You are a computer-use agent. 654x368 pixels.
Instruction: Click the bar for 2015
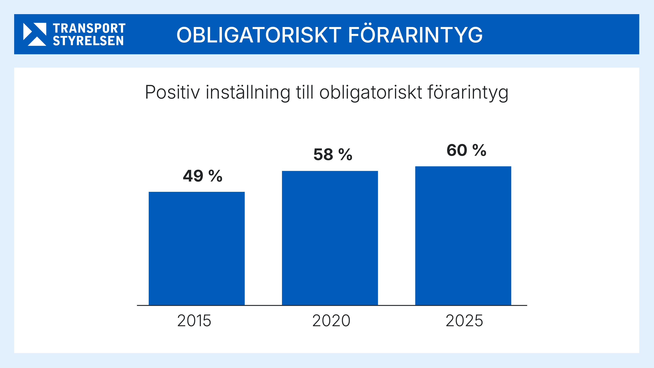tap(196, 248)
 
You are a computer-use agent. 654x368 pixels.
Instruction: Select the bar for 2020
tap(330, 238)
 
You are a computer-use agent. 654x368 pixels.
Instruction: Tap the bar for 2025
tap(463, 236)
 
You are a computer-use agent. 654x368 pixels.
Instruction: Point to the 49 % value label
tap(203, 176)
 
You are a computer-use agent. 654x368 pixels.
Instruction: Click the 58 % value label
tap(333, 154)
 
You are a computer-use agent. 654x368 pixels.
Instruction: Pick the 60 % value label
tap(466, 150)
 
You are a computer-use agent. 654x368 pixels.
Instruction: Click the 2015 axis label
tap(194, 321)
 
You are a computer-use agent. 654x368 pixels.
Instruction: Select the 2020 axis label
tap(331, 321)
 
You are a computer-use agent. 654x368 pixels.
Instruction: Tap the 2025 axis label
tap(464, 321)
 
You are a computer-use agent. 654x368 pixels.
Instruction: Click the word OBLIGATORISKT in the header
tap(259, 35)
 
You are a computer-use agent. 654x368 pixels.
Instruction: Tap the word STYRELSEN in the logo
tap(88, 41)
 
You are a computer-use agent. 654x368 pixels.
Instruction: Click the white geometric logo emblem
tap(35, 34)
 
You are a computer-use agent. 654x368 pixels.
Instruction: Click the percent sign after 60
tap(479, 150)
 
